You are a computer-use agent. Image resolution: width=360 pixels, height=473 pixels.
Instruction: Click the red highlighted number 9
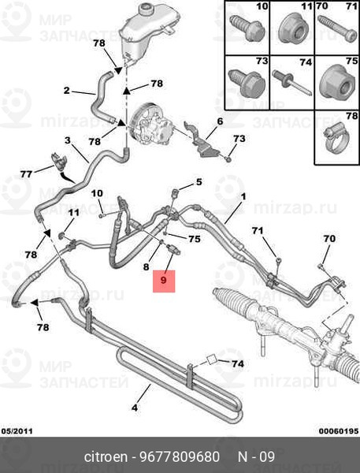[x=164, y=281]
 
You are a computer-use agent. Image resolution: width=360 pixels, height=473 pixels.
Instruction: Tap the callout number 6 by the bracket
[x=221, y=121]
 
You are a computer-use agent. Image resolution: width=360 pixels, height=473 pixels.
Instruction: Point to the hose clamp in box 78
[x=336, y=140]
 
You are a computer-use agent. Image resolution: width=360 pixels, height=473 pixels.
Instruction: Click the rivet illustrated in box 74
[x=292, y=83]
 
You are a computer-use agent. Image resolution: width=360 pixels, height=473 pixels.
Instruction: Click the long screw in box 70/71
[x=338, y=29]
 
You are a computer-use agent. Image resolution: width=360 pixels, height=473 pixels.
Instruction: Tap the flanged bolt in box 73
[x=247, y=82]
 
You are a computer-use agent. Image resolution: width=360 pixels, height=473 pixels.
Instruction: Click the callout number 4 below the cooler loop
[x=135, y=408]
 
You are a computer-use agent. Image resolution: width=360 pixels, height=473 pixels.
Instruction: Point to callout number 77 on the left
[x=26, y=174]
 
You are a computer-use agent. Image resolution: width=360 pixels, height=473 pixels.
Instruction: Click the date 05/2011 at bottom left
[x=17, y=431]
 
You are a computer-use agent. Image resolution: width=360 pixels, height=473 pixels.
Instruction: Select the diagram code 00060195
[x=339, y=431]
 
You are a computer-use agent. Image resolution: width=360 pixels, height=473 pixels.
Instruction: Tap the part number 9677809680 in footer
[x=180, y=456]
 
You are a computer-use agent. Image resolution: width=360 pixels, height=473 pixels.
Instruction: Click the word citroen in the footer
[x=106, y=456]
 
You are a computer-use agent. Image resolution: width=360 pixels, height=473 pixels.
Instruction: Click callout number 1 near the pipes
[x=243, y=197]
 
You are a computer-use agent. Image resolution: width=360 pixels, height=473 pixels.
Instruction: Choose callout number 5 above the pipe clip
[x=199, y=182]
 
